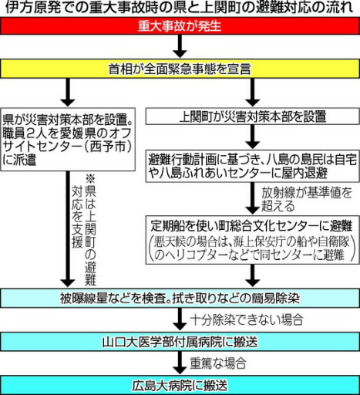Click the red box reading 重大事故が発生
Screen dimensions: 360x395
click(180, 25)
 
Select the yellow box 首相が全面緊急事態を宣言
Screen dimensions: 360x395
click(180, 69)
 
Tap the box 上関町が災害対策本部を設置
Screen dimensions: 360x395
click(253, 116)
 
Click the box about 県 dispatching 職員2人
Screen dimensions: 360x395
click(68, 139)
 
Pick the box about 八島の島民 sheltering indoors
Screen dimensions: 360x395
click(253, 167)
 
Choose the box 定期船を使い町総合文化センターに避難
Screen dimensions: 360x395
click(253, 240)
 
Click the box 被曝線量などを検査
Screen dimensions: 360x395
click(180, 299)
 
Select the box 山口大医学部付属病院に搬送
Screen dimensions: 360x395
click(180, 342)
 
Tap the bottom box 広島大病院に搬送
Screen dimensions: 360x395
click(180, 385)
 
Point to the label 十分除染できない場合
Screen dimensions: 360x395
click(247, 320)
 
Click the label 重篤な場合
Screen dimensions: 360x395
click(218, 363)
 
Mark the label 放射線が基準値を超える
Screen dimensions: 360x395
click(306, 199)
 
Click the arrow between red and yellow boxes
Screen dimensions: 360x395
click(180, 46)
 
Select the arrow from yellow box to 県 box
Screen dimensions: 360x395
click(68, 92)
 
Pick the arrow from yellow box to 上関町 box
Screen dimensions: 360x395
click(253, 92)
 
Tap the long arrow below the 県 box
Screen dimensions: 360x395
click(68, 229)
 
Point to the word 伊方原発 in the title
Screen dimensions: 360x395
click(29, 8)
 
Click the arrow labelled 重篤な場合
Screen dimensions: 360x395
click(180, 363)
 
